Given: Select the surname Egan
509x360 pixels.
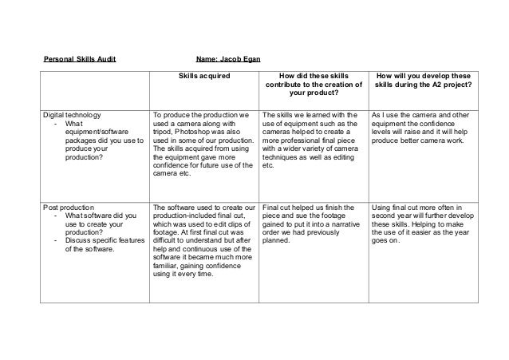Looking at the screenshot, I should pos(245,58).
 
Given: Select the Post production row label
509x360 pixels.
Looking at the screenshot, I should pos(69,206).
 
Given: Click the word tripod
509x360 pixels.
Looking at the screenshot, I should pos(163,133).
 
